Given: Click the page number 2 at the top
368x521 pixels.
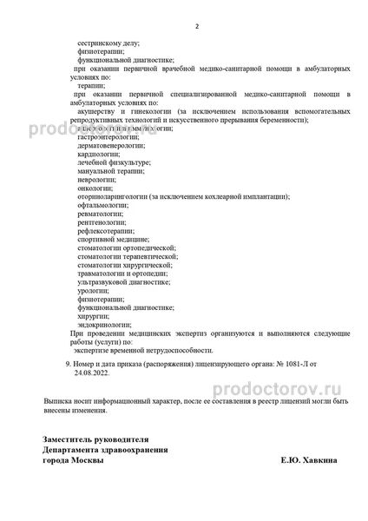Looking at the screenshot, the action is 197,26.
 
